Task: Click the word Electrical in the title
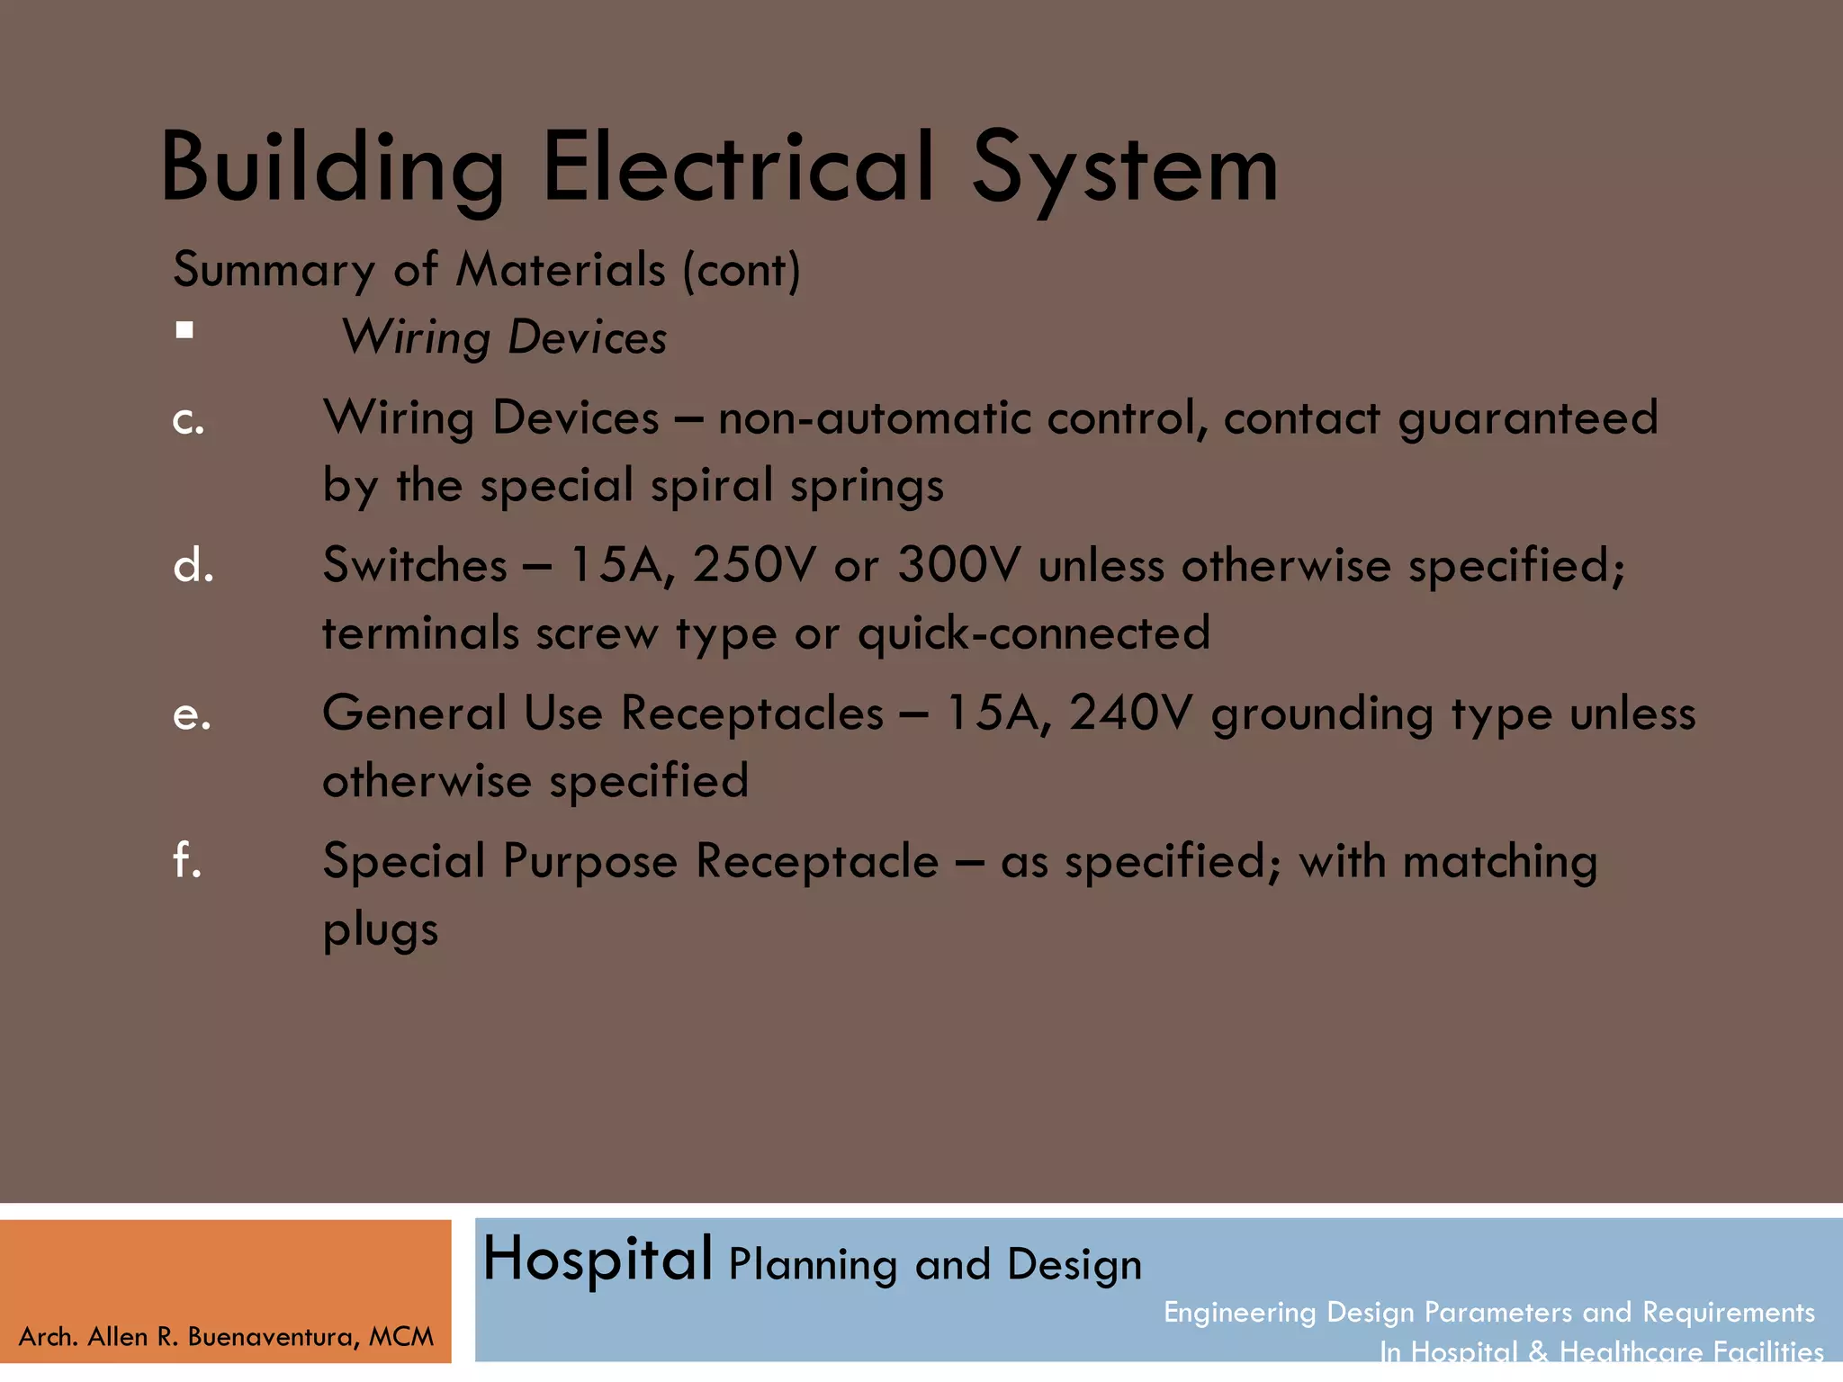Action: (738, 168)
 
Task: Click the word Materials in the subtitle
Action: (561, 270)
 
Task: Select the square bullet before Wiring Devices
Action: (184, 330)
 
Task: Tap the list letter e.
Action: (191, 714)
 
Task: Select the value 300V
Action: (959, 566)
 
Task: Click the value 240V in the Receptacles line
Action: (1130, 713)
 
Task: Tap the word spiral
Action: (712, 486)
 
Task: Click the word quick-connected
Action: (1034, 633)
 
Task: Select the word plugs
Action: (380, 930)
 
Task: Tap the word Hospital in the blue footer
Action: (598, 1259)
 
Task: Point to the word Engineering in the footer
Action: (1239, 1312)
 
